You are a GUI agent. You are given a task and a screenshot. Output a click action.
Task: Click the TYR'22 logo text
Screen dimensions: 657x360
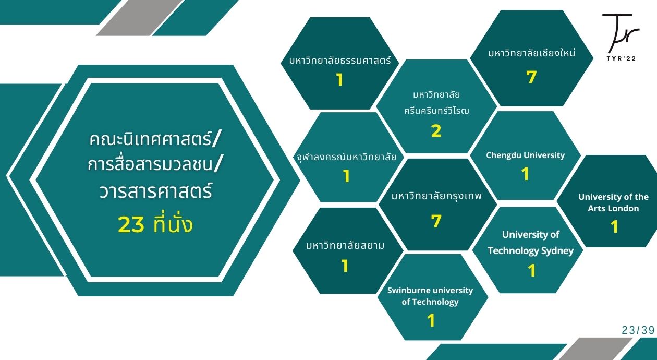[x=621, y=58]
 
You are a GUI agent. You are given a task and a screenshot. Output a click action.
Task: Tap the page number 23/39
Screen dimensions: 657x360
[x=638, y=330]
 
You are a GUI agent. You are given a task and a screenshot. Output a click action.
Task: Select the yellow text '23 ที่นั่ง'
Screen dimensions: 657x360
[x=155, y=224]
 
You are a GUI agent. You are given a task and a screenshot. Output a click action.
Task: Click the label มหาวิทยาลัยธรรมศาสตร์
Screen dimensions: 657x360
[x=340, y=61]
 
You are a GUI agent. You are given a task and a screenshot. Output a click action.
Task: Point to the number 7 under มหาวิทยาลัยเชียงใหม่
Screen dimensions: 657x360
[x=531, y=77]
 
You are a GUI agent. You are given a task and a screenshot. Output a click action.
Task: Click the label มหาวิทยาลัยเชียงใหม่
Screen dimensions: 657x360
[x=532, y=53]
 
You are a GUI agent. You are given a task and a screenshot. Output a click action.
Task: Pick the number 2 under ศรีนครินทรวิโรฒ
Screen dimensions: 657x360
[x=436, y=131]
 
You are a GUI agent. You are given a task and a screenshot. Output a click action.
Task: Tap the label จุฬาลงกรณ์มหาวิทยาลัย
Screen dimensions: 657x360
[x=347, y=157]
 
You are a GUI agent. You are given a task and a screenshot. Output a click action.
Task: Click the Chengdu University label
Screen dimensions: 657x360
[x=525, y=155]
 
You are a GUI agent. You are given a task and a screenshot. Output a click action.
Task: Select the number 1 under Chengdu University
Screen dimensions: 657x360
[x=525, y=174]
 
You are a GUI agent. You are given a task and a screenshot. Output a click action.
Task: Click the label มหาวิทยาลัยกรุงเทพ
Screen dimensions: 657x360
[x=436, y=196]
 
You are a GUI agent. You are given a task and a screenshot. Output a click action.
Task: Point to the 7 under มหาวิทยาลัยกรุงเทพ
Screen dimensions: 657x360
[x=436, y=221]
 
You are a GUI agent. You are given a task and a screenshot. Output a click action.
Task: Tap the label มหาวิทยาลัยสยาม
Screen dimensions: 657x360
[x=345, y=245]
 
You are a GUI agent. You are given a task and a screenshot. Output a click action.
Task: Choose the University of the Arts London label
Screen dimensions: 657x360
[x=613, y=202]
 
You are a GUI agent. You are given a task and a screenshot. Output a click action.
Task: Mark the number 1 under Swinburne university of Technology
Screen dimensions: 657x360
[x=431, y=320]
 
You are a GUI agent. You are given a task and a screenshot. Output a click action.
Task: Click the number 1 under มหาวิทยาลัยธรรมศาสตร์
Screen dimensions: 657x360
[x=339, y=80]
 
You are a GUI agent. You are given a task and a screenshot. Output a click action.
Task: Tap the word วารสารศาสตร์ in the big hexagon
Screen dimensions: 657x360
[x=155, y=191]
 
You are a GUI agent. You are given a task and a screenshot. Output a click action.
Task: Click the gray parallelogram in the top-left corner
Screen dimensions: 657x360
[x=140, y=18]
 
